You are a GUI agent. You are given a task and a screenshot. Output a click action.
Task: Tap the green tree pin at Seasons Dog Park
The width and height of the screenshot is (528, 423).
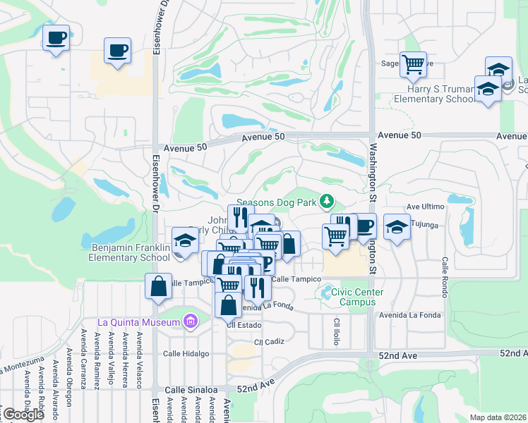point(326,202)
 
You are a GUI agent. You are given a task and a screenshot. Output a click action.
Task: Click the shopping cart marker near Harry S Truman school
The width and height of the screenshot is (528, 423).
point(413,65)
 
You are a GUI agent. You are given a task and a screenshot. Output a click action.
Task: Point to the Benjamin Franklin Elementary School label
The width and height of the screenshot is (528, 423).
point(131,252)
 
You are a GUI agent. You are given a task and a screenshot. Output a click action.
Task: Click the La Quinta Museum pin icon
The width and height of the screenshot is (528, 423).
point(189,322)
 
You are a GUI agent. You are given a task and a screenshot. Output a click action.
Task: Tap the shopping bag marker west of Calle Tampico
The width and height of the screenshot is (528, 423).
point(158,286)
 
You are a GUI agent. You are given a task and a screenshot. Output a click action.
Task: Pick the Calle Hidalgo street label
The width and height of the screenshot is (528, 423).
point(186,353)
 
